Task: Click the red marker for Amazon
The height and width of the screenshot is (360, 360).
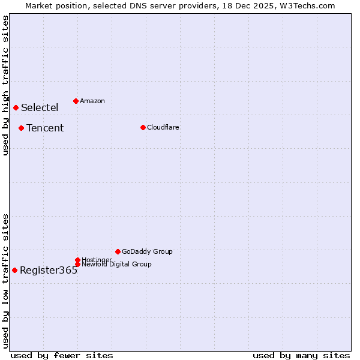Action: (76, 101)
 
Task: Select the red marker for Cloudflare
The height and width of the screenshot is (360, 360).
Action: (143, 127)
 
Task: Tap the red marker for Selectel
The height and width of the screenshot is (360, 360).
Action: (16, 107)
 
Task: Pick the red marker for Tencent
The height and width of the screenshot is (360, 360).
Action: (21, 128)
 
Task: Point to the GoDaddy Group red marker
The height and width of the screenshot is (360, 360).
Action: (118, 251)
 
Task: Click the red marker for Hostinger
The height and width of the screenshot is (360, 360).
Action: (77, 260)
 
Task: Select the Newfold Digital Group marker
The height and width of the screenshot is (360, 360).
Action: (77, 264)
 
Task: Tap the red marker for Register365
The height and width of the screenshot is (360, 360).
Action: (14, 270)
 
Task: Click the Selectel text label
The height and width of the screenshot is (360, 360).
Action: (40, 108)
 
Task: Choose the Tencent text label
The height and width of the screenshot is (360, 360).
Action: (45, 128)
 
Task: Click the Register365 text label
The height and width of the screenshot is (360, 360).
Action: (49, 271)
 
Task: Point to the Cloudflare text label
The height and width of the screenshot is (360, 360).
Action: (163, 127)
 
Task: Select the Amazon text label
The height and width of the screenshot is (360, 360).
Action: (92, 101)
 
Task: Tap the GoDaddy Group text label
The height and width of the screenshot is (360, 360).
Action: (147, 251)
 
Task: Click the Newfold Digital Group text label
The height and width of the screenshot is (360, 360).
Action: (116, 265)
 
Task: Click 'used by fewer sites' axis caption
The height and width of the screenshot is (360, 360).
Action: (62, 355)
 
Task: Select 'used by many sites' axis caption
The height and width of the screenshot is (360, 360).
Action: (301, 355)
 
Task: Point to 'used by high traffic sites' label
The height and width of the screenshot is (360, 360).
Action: (6, 85)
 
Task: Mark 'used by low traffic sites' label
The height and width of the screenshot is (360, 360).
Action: (6, 280)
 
